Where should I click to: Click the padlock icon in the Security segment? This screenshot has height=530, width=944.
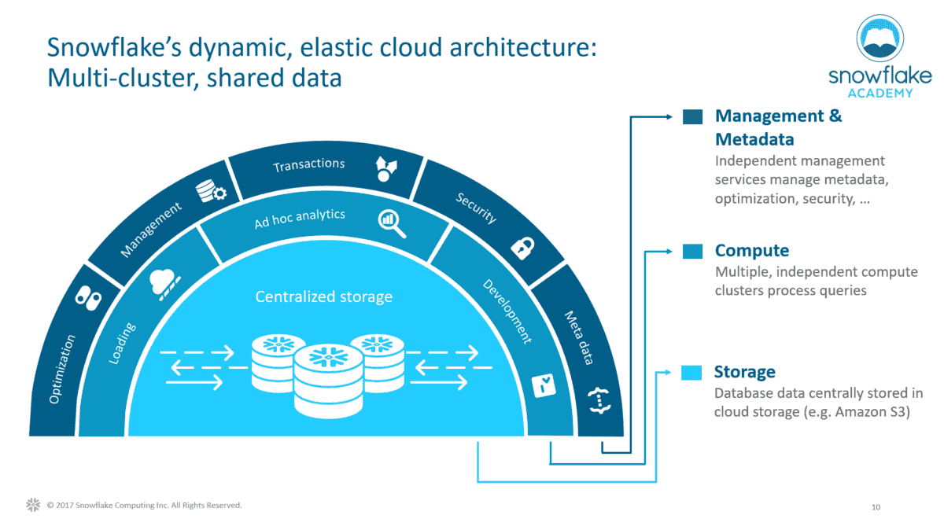point(522,247)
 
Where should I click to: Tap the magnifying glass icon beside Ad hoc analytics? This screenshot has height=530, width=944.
point(391,223)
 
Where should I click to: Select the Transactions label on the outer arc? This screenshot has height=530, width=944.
point(308,165)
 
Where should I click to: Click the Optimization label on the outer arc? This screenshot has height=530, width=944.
point(63,369)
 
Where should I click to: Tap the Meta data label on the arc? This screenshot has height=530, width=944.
point(579,338)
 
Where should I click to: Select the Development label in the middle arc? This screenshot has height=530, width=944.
point(507,311)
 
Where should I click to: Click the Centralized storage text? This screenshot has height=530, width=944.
point(323,297)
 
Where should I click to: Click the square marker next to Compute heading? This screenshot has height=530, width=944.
point(693,252)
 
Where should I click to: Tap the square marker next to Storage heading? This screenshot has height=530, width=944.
point(693,373)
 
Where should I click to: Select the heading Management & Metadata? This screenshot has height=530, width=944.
point(777,127)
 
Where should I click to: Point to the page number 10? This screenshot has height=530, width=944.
point(876,507)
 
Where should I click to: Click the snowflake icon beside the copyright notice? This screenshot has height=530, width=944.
point(33,505)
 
